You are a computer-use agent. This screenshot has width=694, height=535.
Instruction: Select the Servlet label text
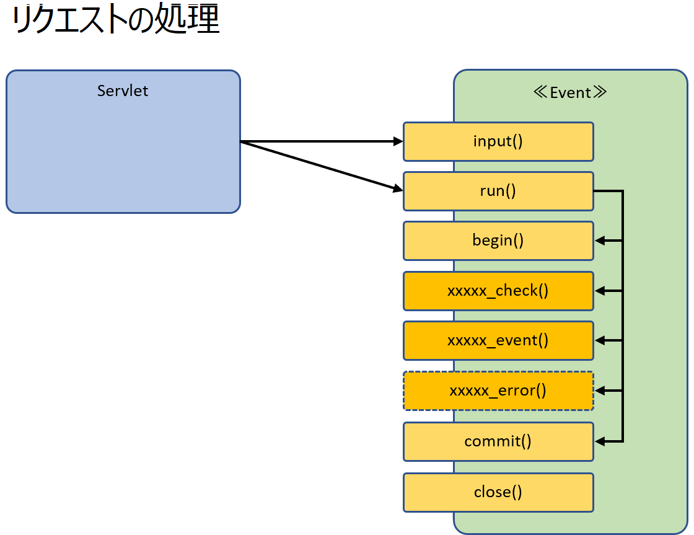tap(123, 91)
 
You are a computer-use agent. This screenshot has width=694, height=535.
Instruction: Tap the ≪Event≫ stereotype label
tap(570, 92)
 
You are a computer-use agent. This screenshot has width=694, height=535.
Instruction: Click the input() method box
tap(498, 142)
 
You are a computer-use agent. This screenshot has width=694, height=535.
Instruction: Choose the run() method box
tap(498, 192)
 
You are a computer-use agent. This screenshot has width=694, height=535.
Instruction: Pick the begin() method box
tap(498, 241)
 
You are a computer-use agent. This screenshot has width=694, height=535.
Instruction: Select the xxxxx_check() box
tap(498, 291)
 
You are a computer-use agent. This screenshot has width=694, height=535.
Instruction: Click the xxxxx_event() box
tap(498, 340)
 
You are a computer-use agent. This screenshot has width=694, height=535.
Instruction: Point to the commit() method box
tap(498, 441)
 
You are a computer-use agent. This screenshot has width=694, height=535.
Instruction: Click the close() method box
tap(498, 492)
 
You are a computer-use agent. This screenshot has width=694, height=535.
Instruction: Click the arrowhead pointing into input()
tap(398, 142)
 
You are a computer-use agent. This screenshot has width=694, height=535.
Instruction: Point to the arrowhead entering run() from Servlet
tap(398, 188)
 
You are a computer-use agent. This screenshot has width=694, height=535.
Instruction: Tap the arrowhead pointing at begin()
tap(600, 241)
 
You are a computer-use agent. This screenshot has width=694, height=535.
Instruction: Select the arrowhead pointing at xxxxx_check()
tap(600, 291)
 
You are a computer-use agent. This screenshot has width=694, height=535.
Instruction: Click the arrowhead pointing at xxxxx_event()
tap(600, 340)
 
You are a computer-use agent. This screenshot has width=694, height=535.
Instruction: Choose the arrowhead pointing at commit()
tap(600, 441)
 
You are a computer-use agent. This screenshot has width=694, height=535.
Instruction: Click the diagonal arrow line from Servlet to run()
tap(322, 167)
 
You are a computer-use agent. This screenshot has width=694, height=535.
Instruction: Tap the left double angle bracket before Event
tap(540, 92)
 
